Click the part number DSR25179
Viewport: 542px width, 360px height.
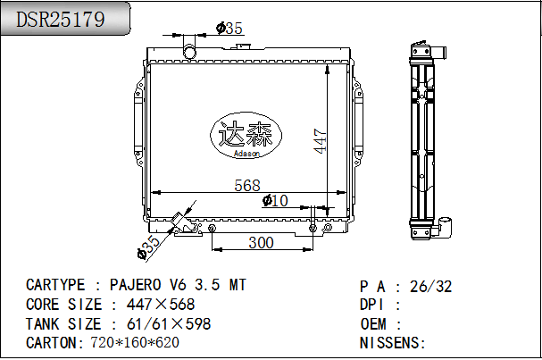pos(61,19)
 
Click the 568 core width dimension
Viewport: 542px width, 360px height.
pos(247,186)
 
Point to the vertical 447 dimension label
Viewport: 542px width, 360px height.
pos(320,141)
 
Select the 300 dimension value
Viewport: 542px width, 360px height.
pos(261,243)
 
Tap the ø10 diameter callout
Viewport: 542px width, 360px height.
pos(275,201)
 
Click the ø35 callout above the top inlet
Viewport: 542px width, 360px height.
pos(229,29)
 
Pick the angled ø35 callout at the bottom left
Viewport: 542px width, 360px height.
pos(149,247)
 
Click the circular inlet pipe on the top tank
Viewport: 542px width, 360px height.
pos(189,52)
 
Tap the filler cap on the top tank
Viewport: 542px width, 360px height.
pos(244,46)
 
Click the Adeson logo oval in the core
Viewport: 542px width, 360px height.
pos(246,135)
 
